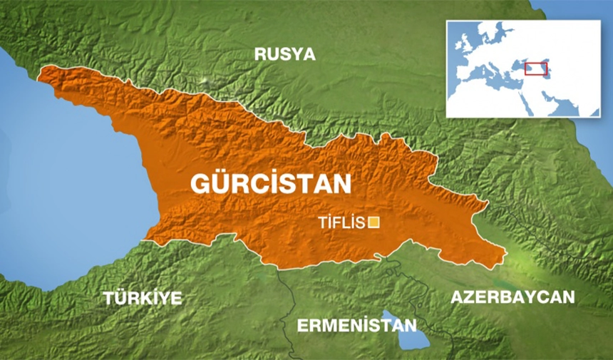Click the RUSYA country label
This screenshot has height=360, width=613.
284,54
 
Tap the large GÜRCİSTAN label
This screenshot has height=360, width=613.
271,183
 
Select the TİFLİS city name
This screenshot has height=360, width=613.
341,222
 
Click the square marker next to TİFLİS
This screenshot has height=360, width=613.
373,222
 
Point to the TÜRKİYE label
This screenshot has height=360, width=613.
143,298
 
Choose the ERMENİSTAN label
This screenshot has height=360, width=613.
356,326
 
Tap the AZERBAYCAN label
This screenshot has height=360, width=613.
512,297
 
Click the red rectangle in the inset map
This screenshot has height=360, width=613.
535,69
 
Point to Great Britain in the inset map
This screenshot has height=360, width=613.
467,44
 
